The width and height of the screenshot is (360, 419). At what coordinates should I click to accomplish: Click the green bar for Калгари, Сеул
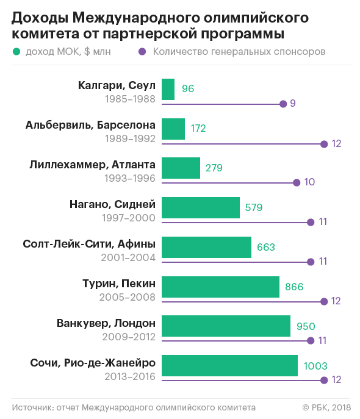tap(168, 89)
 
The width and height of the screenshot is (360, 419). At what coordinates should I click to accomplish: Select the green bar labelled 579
tap(201, 207)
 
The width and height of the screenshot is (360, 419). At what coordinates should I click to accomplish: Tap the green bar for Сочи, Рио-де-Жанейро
tap(229, 365)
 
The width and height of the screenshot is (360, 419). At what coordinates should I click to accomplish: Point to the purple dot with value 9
tap(283, 104)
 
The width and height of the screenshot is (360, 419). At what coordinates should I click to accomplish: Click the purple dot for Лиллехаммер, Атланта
tap(297, 183)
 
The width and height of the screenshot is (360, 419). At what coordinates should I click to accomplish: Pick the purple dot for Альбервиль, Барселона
tap(324, 145)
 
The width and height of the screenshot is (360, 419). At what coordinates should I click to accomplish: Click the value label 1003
tap(315, 366)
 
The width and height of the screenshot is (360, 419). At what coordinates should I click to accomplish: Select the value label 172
tap(198, 129)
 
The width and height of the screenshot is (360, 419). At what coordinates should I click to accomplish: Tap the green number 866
tap(294, 287)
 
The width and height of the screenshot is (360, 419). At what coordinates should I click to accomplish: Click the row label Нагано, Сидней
tap(112, 204)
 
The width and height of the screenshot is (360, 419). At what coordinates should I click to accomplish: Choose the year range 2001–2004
tap(128, 257)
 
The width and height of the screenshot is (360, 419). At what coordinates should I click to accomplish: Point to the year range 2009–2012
tap(129, 337)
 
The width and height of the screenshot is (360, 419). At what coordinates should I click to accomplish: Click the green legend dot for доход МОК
tap(16, 52)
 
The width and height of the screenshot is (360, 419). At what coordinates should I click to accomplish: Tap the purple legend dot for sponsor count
tap(142, 52)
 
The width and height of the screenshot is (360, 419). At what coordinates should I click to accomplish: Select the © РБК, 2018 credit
tap(326, 407)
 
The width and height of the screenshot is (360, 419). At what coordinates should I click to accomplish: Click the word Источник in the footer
tap(32, 407)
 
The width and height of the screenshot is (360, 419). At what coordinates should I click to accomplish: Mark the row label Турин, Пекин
tap(119, 284)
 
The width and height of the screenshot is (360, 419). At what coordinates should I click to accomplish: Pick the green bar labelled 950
tap(226, 326)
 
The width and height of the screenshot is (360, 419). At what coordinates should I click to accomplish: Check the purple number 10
tap(309, 182)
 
